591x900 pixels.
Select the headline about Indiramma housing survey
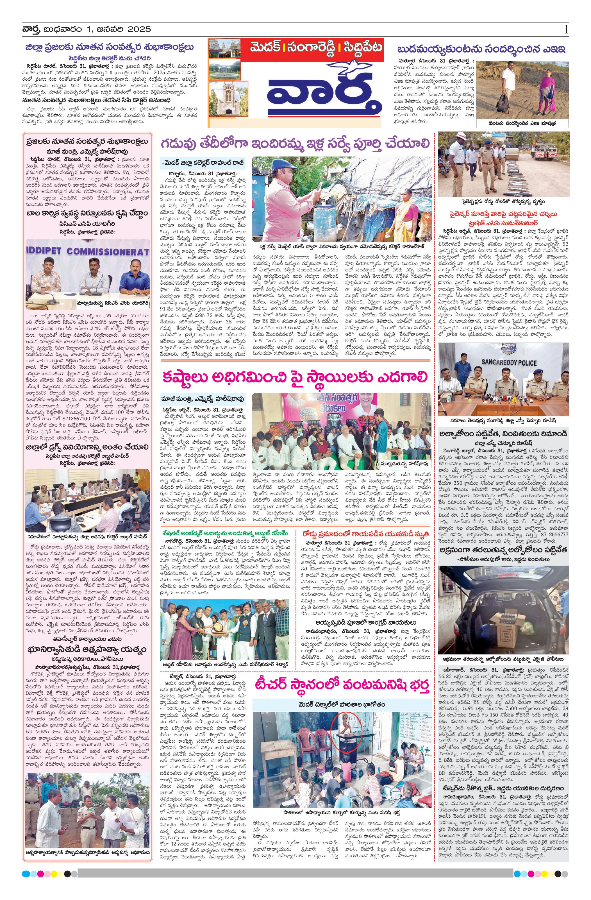coord(295,144)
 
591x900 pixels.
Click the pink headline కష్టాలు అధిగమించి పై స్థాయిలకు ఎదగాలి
coord(295,377)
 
